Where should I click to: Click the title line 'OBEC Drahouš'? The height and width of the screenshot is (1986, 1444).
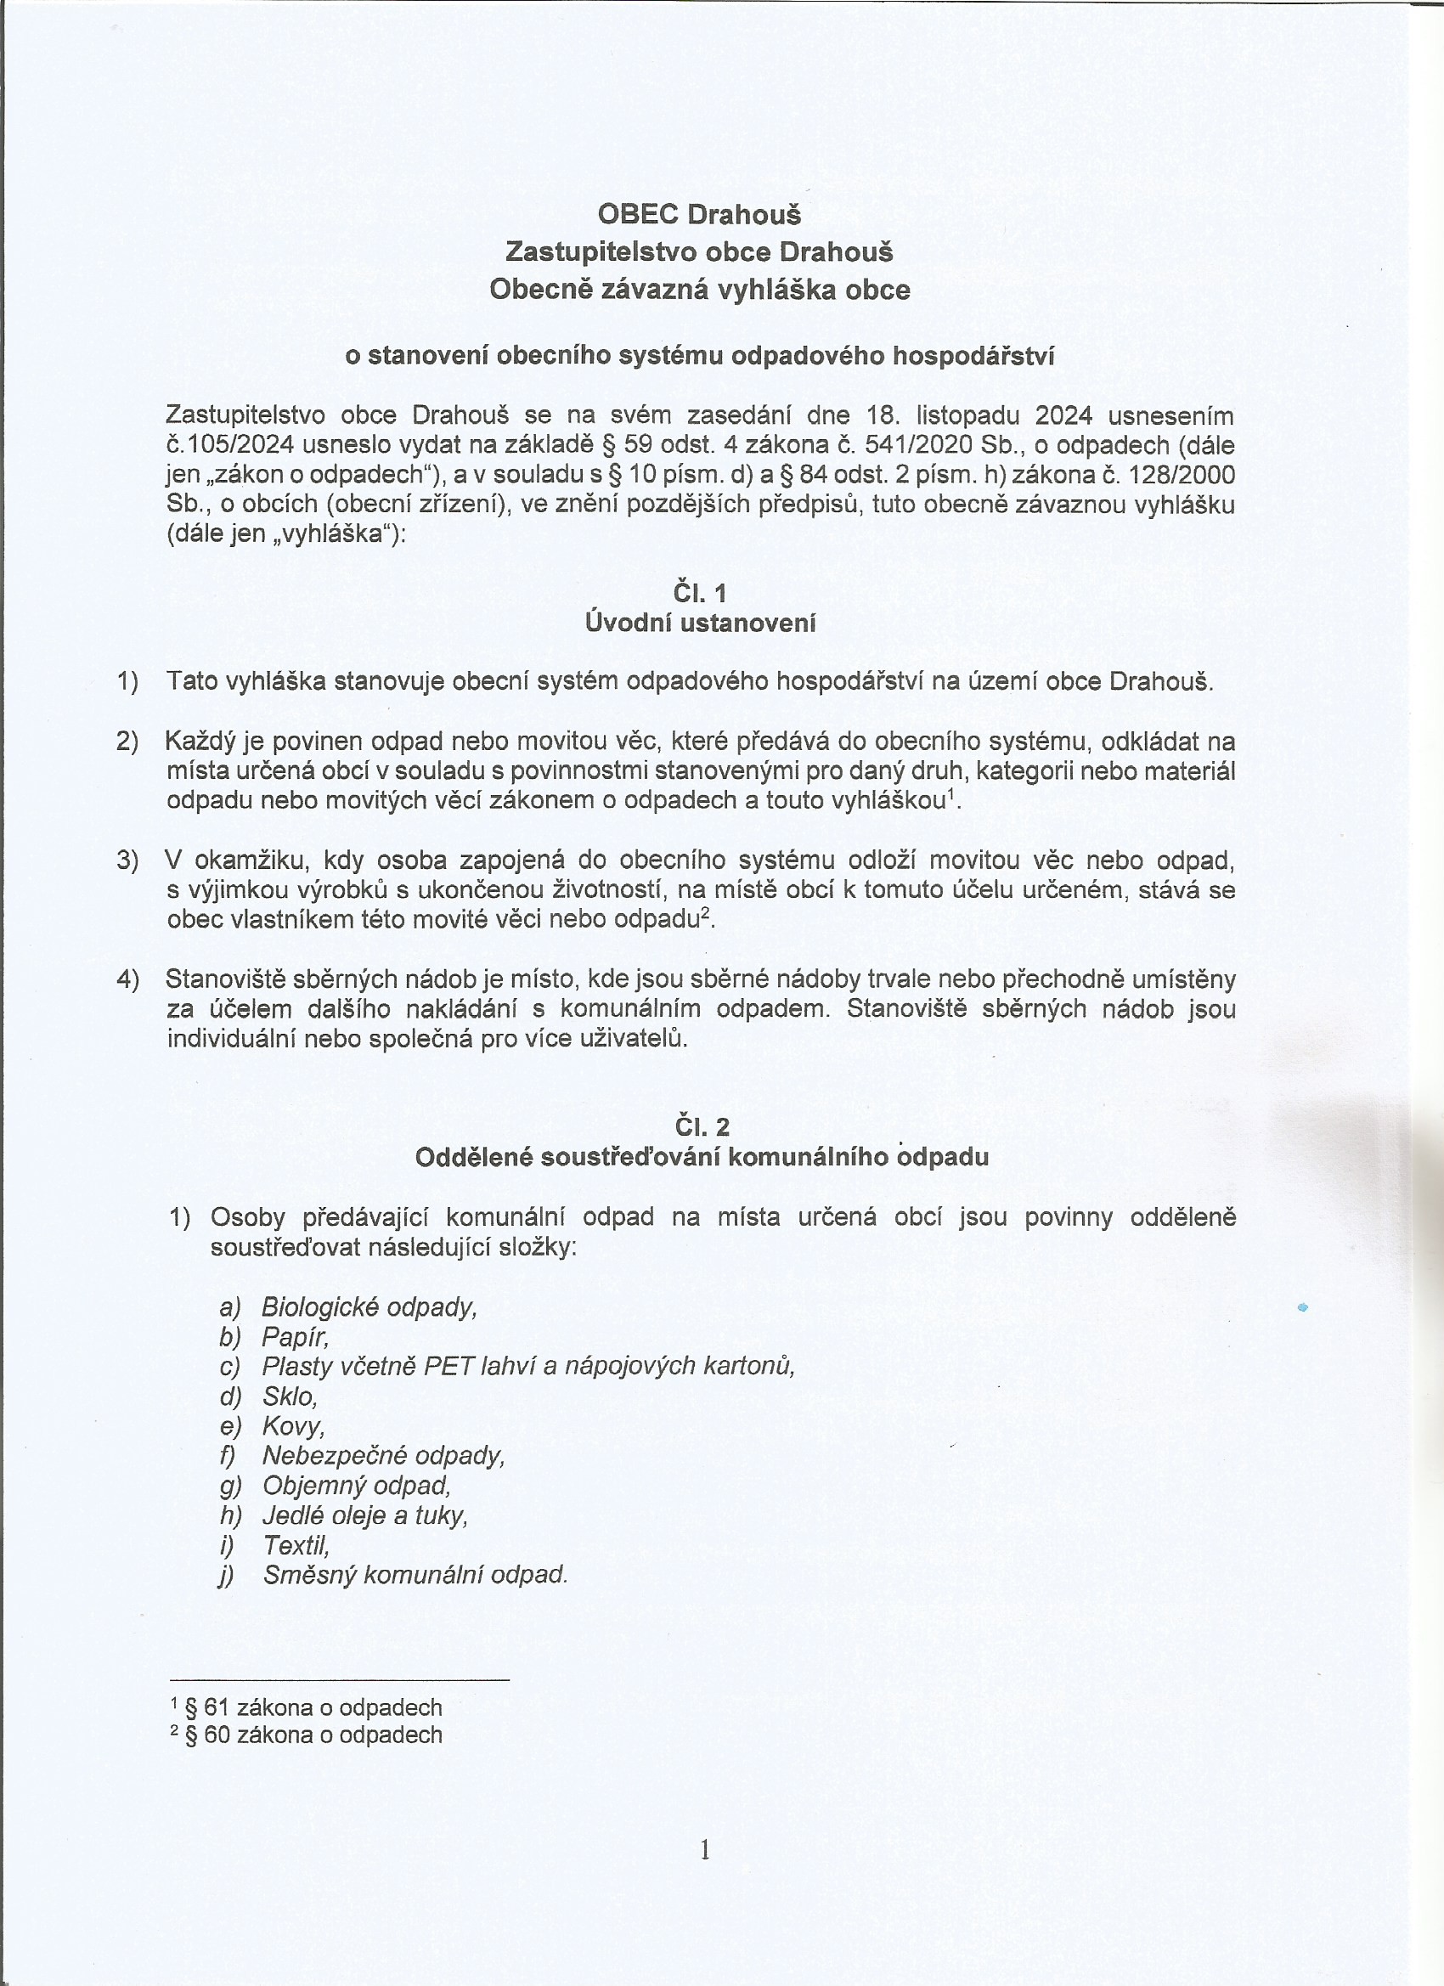[699, 214]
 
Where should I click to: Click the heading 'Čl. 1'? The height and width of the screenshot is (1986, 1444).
[700, 594]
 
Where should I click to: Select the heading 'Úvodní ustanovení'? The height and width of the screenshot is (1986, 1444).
[700, 623]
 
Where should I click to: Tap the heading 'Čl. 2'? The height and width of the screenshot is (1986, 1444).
[702, 1126]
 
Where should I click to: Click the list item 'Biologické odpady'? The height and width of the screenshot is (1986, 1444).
[369, 1307]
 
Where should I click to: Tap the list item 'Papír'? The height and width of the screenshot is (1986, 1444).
[295, 1337]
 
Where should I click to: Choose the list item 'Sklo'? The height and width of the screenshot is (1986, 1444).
[289, 1396]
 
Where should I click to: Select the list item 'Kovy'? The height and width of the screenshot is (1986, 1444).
[293, 1425]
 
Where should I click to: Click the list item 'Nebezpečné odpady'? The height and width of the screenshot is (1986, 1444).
[384, 1455]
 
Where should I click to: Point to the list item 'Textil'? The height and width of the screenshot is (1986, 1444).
[296, 1544]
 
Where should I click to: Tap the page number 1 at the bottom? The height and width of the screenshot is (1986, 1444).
[705, 1850]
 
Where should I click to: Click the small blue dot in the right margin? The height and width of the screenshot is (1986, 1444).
[1302, 1307]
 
